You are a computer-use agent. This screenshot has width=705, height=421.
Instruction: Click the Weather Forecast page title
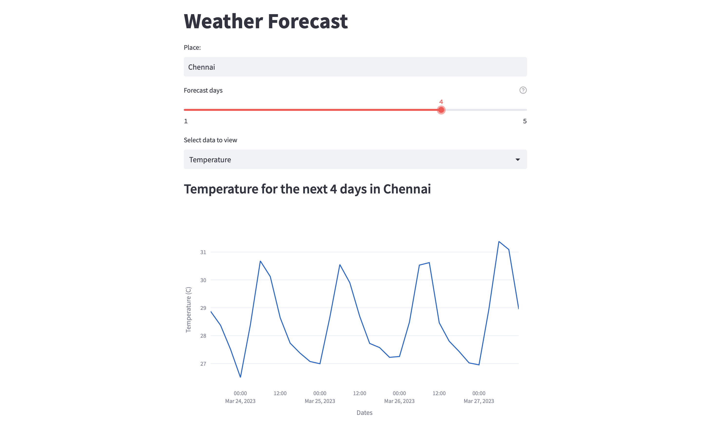click(266, 21)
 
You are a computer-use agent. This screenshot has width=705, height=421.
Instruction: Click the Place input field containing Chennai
click(355, 67)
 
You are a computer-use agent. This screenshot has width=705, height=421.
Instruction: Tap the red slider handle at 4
click(441, 110)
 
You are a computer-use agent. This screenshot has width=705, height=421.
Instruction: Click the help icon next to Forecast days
click(523, 90)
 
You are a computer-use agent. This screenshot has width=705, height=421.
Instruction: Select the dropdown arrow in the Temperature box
click(517, 160)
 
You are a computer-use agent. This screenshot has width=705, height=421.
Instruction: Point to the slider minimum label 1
click(186, 121)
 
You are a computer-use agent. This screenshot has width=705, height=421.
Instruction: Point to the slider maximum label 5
click(525, 121)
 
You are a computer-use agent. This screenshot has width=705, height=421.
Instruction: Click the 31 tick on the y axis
click(203, 252)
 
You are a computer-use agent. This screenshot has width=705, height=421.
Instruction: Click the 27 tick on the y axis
click(203, 364)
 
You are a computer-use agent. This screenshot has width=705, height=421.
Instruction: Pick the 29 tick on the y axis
click(203, 308)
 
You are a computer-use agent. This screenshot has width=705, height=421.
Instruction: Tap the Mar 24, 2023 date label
click(240, 401)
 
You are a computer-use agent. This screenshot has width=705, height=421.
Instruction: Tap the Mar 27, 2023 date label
click(479, 401)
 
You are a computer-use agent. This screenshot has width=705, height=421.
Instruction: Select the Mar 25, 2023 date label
click(320, 401)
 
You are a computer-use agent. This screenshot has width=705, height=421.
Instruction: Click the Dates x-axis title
click(364, 413)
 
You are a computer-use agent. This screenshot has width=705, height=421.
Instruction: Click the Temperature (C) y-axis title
click(188, 309)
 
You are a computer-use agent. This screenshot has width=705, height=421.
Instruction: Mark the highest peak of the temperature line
click(499, 242)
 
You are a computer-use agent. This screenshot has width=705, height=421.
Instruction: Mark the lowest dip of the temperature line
click(240, 377)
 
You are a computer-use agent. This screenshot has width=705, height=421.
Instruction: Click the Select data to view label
click(210, 140)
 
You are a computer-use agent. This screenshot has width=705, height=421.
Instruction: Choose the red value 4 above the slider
click(441, 102)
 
